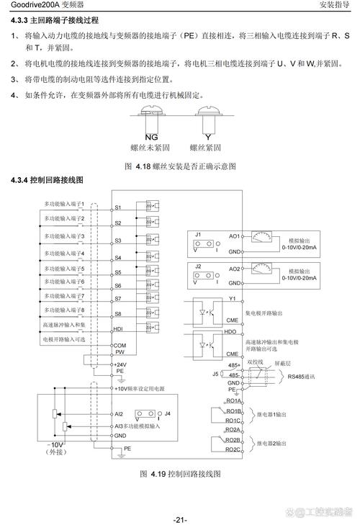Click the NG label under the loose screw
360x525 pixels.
coord(150,136)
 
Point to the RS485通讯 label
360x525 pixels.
coord(302,376)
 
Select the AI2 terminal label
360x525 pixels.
coord(119,414)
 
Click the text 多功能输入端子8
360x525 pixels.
coord(65,310)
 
